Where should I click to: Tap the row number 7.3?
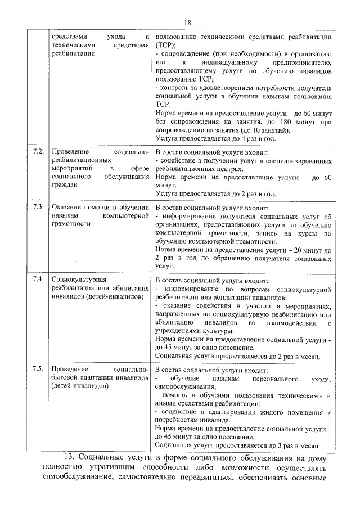(38, 206)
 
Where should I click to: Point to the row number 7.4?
(38, 279)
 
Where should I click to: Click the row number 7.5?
(38, 369)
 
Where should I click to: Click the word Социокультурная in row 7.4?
(79, 279)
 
